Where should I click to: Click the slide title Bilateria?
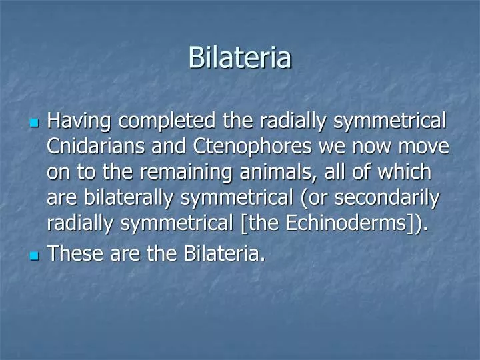239,57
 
